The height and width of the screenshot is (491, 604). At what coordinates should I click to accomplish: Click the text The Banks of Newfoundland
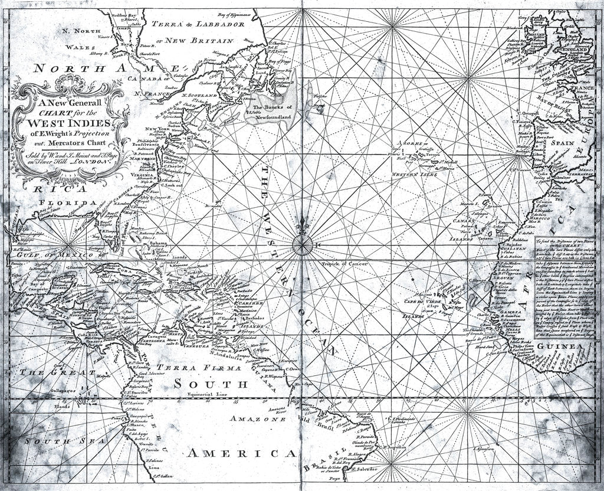[x=272, y=112]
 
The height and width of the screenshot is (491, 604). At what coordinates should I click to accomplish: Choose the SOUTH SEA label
[x=60, y=441]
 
